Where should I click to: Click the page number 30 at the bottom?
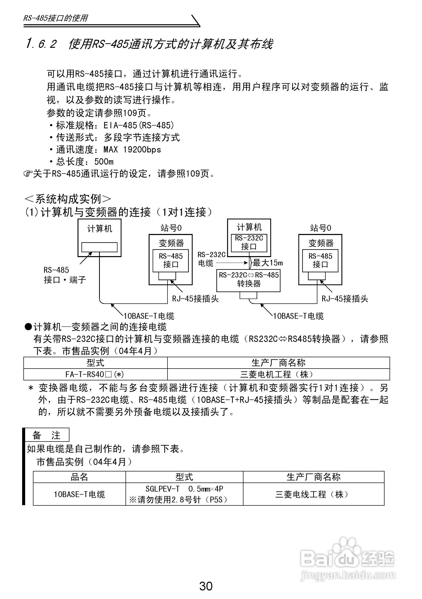[x=206, y=586]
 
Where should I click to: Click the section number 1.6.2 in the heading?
[x=41, y=44]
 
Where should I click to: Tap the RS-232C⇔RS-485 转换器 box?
[x=248, y=280]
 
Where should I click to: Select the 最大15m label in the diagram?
[x=268, y=263]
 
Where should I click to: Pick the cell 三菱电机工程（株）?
[x=278, y=374]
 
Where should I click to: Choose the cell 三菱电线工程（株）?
[x=313, y=494]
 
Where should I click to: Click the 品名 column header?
[x=79, y=477]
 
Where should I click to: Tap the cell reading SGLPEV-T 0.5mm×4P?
[x=184, y=489]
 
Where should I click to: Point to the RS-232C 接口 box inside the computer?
[x=249, y=242]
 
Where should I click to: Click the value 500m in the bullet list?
[x=104, y=162]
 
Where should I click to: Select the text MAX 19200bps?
[x=132, y=150]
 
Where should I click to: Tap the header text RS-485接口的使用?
[x=56, y=18]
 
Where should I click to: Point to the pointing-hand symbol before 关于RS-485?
[x=28, y=174]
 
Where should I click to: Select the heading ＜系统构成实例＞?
[x=68, y=199]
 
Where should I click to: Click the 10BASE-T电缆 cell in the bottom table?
[x=79, y=494]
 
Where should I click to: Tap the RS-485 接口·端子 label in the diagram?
[x=64, y=275]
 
